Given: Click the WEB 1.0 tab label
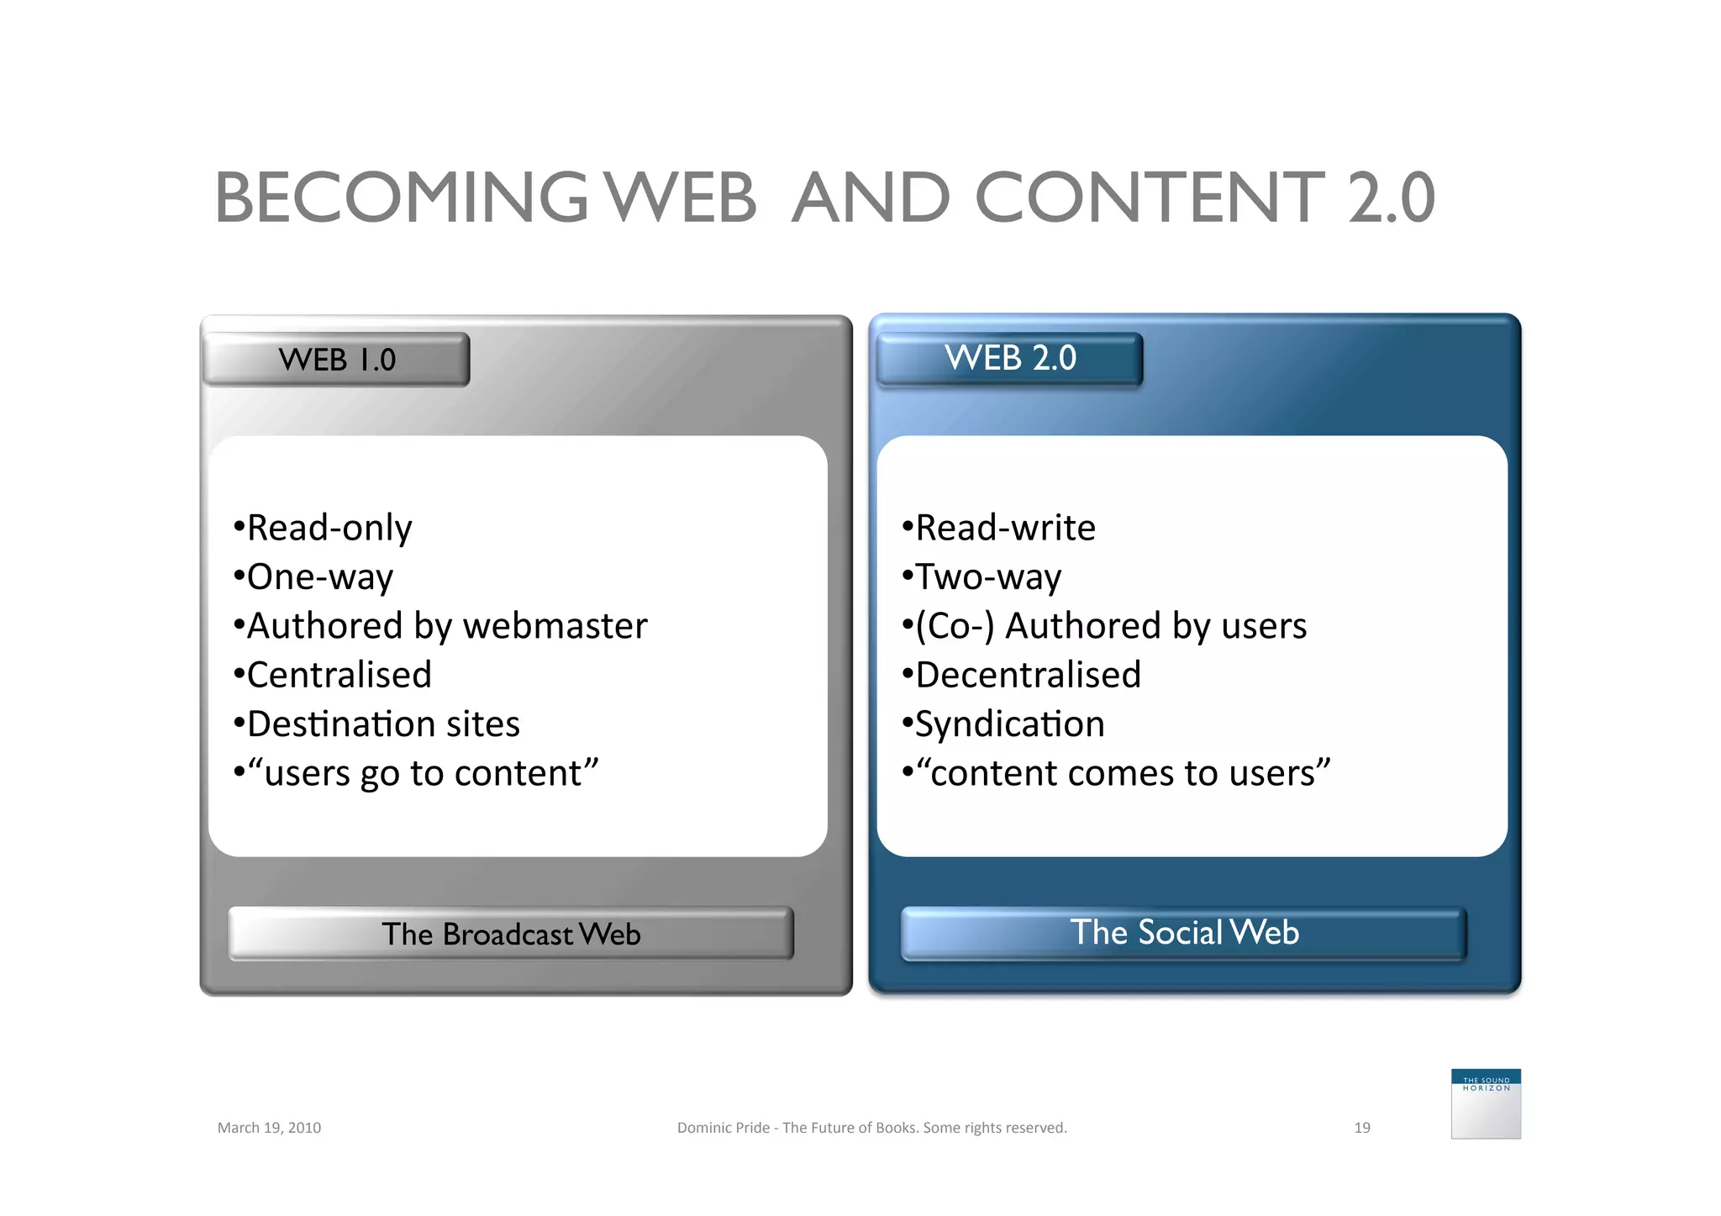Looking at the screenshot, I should (336, 360).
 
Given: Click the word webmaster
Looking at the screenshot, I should (555, 626).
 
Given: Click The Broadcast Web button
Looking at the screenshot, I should (511, 934).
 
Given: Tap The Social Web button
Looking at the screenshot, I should (1183, 933).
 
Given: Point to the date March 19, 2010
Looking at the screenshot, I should (269, 1128).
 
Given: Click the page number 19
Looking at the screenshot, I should (1361, 1128).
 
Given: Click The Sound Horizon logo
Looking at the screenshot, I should (1485, 1103).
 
